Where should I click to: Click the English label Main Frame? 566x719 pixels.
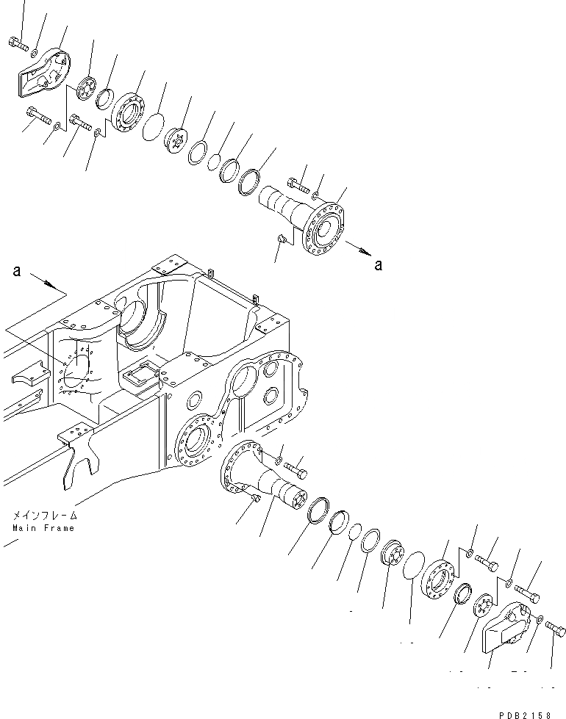[x=43, y=528]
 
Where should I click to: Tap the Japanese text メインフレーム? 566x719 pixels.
[x=43, y=517]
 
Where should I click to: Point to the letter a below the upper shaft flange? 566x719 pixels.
[x=378, y=265]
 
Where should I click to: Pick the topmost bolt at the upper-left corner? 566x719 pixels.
[x=18, y=44]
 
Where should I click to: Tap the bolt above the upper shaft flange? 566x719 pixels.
[x=296, y=183]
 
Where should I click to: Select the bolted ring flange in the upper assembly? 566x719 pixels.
[x=129, y=112]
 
